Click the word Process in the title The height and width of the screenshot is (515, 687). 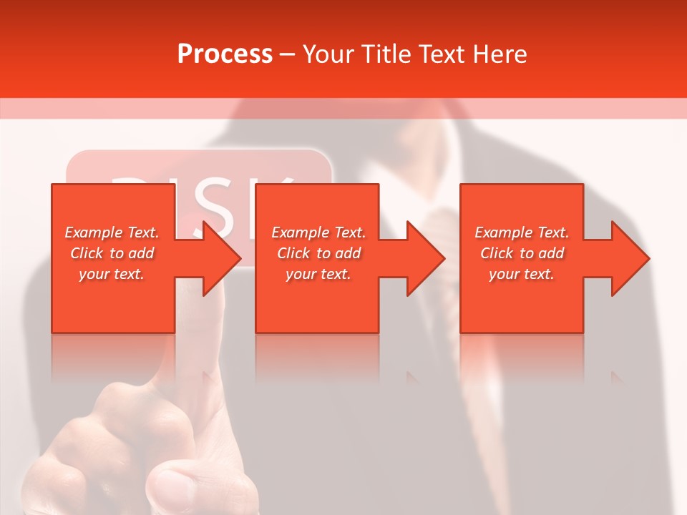click(x=225, y=54)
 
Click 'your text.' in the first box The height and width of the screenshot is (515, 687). click(x=112, y=274)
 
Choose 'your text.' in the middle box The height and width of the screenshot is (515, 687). click(x=318, y=274)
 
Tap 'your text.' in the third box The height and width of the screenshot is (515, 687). click(x=522, y=274)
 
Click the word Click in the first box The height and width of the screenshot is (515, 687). click(x=86, y=253)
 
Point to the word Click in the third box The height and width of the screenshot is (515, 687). click(x=497, y=253)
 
